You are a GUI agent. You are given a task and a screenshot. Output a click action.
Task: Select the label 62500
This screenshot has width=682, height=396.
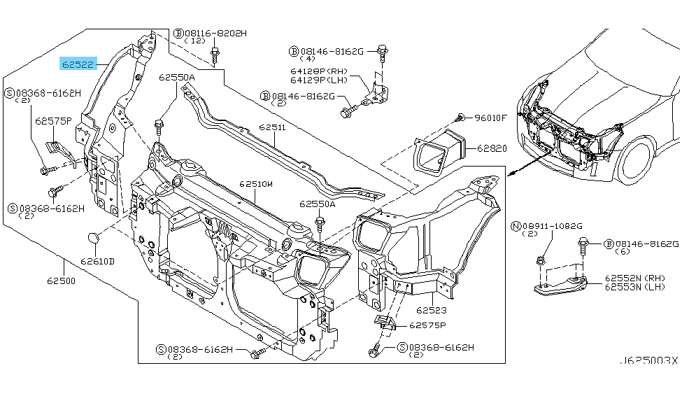(62, 281)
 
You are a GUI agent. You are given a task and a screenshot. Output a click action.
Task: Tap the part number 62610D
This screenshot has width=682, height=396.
(97, 261)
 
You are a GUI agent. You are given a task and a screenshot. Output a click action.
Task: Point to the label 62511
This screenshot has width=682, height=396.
(271, 128)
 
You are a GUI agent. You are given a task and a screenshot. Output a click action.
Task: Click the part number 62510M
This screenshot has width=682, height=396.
(255, 184)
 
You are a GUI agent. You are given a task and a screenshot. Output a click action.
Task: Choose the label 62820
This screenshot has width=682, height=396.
(492, 148)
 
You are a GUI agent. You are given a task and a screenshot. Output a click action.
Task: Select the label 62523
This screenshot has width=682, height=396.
(431, 309)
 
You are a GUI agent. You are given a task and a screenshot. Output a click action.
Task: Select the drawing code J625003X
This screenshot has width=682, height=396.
(648, 360)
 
